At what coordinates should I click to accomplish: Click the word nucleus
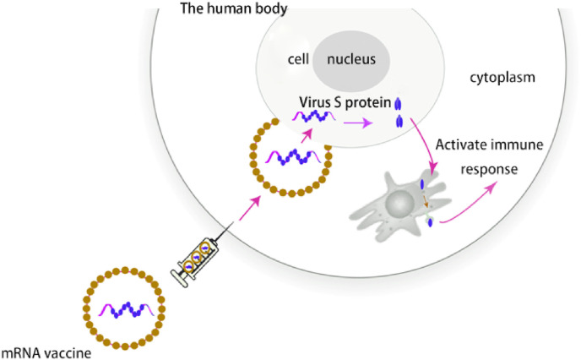tap(354, 60)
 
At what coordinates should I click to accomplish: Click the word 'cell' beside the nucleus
tap(297, 61)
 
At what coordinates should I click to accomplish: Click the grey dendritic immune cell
tap(391, 204)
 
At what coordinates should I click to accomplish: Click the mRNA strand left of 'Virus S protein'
tap(313, 116)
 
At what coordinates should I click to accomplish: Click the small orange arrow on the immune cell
tap(427, 205)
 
